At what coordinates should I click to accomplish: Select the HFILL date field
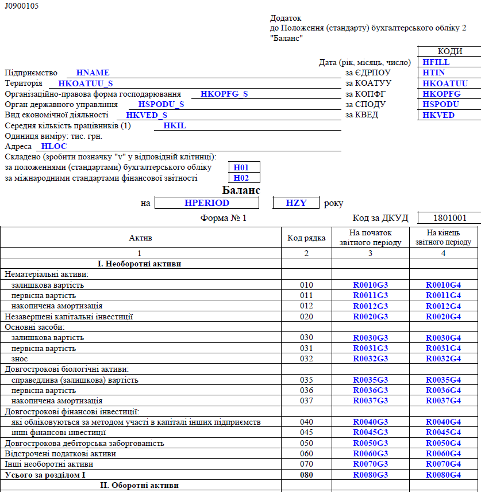[x=436, y=62]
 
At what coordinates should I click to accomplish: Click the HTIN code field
[x=434, y=73]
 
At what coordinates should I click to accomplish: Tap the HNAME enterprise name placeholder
[x=93, y=73]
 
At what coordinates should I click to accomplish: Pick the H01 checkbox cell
[x=241, y=167]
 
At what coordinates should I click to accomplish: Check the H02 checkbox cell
[x=241, y=178]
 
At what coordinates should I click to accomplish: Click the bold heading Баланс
[x=241, y=190]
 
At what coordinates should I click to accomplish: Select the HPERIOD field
[x=207, y=203]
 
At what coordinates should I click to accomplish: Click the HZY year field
[x=296, y=203]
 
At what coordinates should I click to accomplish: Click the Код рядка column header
[x=306, y=237]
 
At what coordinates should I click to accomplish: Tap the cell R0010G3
[x=371, y=285]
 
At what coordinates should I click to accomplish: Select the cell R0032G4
[x=443, y=358]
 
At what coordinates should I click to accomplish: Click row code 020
[x=306, y=316]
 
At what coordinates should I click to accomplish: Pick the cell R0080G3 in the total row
[x=371, y=475]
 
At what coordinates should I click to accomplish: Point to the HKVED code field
[x=438, y=115]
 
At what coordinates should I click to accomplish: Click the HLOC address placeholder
[x=55, y=147]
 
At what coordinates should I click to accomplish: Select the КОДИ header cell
[x=449, y=52]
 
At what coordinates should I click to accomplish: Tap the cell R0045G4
[x=443, y=432]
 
